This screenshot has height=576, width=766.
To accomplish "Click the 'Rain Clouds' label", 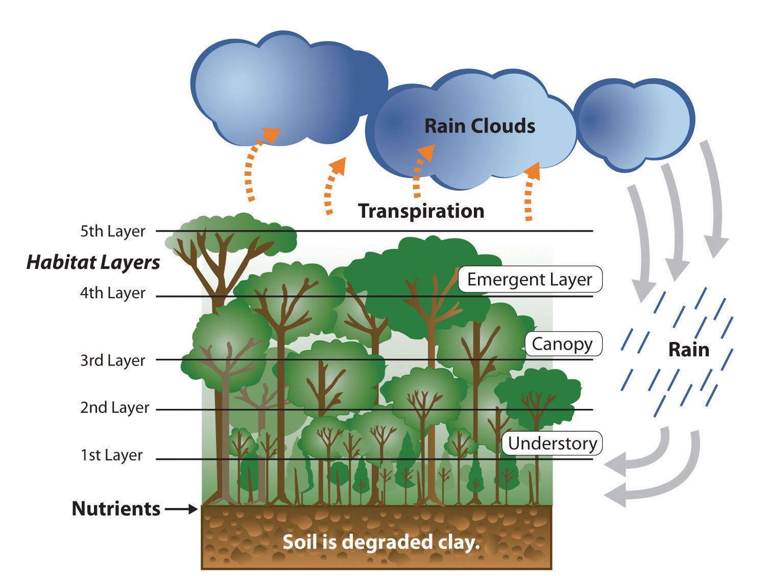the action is [x=480, y=126].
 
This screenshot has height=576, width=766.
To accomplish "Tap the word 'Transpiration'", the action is [x=421, y=211].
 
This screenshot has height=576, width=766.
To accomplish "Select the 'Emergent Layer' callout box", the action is [x=530, y=279].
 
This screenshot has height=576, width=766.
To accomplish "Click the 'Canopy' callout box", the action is [x=564, y=344].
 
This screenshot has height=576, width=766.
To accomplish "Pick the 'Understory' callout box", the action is [x=552, y=443].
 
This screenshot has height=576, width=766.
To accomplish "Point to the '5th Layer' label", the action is [x=113, y=231].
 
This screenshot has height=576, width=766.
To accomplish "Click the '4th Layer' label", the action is [x=113, y=293].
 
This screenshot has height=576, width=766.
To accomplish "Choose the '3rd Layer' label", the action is [x=113, y=360].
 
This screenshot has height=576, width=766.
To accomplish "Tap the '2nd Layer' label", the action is [x=115, y=408].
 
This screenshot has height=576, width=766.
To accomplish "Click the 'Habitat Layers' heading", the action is [x=93, y=263].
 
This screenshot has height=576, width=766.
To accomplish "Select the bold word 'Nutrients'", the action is [x=116, y=509].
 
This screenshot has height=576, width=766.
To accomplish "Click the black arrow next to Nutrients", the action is [x=181, y=509].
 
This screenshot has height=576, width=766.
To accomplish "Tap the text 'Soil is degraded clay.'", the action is [x=381, y=542].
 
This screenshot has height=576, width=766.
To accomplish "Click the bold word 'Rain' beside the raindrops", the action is [x=689, y=350].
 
